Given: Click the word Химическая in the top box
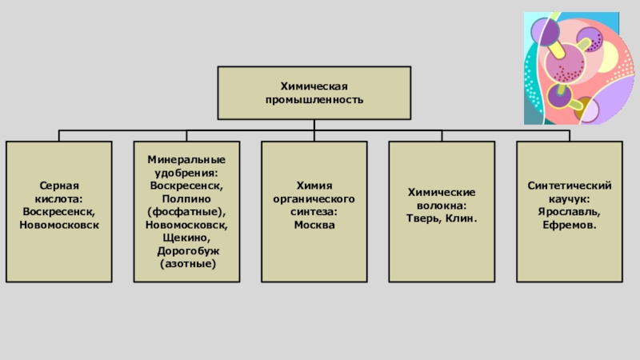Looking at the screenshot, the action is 314,86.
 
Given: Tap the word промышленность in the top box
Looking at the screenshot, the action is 314,100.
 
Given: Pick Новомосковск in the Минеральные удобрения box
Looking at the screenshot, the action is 186,225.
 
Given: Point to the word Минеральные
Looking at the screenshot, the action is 186,160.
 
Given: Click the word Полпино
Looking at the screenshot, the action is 186,199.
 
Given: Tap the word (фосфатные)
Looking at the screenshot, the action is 186,212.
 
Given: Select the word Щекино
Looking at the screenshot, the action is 186,238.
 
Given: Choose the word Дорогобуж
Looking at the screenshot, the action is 186,250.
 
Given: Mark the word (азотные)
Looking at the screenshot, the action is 186,263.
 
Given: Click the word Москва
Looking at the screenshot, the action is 314,225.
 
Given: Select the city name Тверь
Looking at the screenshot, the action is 422,218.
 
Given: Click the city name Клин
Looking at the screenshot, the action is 462,218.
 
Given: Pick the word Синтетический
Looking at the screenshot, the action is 570,186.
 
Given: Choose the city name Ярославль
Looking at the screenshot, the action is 570,212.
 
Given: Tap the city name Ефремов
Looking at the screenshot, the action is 570,225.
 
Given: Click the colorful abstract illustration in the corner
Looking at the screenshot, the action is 572,68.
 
